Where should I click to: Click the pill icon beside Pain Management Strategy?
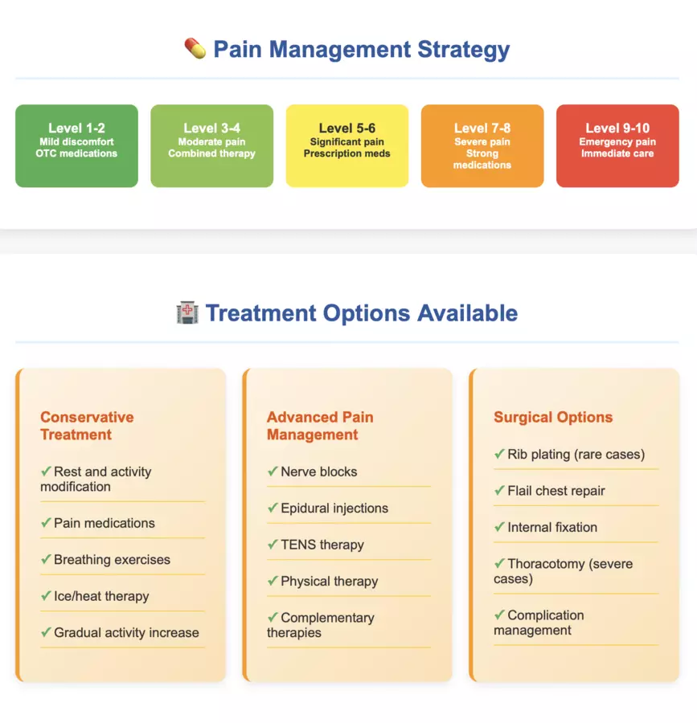tap(195, 48)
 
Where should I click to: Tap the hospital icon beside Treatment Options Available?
tap(187, 312)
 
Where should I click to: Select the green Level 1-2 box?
tap(76, 145)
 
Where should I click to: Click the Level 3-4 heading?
tap(211, 128)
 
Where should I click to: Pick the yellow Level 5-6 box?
tap(346, 145)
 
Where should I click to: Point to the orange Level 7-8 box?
tap(482, 145)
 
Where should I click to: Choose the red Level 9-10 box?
tap(617, 145)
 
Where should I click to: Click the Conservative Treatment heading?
tap(87, 426)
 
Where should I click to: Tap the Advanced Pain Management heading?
tap(320, 426)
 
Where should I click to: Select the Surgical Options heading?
tap(553, 417)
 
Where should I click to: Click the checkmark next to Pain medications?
tap(46, 522)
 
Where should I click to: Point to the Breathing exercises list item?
tap(112, 560)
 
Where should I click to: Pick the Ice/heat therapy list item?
tap(101, 596)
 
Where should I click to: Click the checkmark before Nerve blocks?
tap(273, 471)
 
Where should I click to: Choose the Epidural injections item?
tap(334, 509)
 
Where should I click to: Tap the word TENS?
tap(299, 545)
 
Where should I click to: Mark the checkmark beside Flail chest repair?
tap(499, 490)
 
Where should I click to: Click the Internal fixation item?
tap(552, 528)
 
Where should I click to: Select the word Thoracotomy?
tap(546, 564)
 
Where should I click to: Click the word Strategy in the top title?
tap(464, 49)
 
